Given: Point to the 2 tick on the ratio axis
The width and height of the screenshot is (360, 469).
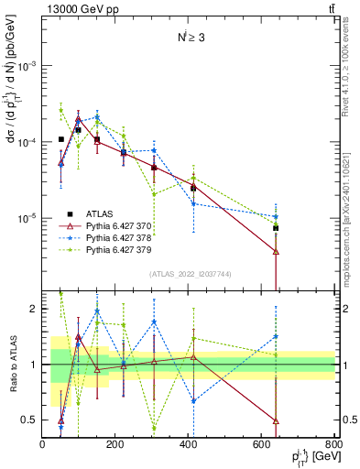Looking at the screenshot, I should [x=34, y=310].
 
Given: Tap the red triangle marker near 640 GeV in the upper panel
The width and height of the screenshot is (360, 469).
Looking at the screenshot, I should [x=276, y=251].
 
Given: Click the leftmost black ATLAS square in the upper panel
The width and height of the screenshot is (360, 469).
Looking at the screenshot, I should [x=60, y=139].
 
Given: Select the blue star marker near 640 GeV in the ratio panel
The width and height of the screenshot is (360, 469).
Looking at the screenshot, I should [x=276, y=336].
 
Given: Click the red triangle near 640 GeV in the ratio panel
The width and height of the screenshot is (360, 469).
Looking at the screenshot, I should [x=276, y=420].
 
